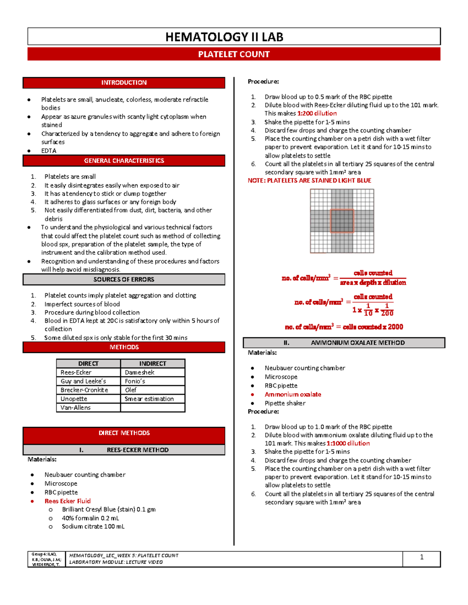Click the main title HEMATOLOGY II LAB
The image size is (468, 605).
click(224, 37)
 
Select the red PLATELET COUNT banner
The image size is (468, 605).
click(234, 55)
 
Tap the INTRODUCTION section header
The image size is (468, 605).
click(124, 83)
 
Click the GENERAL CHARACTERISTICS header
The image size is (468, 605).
click(124, 161)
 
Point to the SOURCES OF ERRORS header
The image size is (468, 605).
click(124, 279)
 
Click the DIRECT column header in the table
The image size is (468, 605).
click(89, 363)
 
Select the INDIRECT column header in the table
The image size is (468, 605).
click(153, 363)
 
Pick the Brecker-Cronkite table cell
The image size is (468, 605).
click(84, 390)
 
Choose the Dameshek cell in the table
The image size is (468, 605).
click(140, 372)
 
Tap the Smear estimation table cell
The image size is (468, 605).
click(149, 399)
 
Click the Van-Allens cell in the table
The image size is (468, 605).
click(76, 407)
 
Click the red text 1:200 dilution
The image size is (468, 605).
click(317, 113)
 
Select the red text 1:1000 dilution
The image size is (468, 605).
click(348, 443)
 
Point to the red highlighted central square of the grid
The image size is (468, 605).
click(342, 221)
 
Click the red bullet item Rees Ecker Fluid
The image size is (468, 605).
click(67, 501)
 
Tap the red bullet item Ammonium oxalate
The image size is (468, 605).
click(293, 394)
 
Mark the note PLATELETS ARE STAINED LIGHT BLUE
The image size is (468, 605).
click(309, 180)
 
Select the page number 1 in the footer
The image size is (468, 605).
click(422, 557)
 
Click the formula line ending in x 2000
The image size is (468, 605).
click(344, 327)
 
